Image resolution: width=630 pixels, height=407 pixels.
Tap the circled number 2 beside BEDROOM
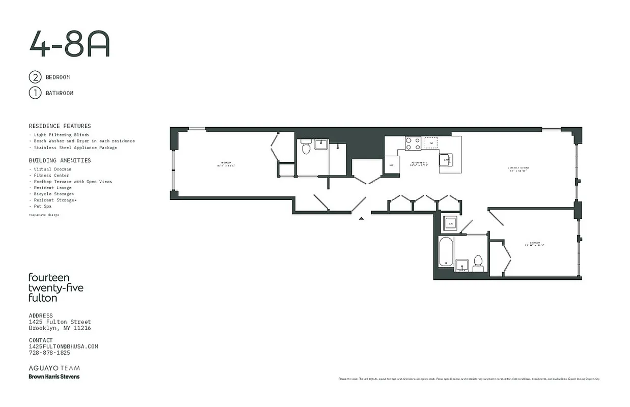click(35, 77)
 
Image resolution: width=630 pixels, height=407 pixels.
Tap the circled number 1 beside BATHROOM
click(35, 93)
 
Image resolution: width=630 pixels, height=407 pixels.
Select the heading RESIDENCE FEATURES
click(60, 126)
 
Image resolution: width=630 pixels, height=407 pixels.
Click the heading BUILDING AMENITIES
click(60, 160)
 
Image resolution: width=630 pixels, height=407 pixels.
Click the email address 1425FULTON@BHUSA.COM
click(63, 346)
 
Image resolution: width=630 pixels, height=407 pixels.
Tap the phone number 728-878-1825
click(49, 353)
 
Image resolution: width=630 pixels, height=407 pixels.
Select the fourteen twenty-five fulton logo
click(56, 287)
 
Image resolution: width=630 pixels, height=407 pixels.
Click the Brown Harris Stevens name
click(54, 376)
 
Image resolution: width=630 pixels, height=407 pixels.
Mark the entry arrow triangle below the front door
click(361, 218)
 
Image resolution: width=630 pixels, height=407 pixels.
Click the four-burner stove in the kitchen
click(413, 143)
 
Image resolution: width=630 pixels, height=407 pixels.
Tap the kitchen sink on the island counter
click(446, 160)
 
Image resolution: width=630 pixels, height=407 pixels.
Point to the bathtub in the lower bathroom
click(446, 251)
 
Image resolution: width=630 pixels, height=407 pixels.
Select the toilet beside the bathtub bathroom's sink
click(478, 262)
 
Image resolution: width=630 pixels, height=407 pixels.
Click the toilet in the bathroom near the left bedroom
click(306, 147)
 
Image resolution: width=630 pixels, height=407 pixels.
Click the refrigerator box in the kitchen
click(391, 165)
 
